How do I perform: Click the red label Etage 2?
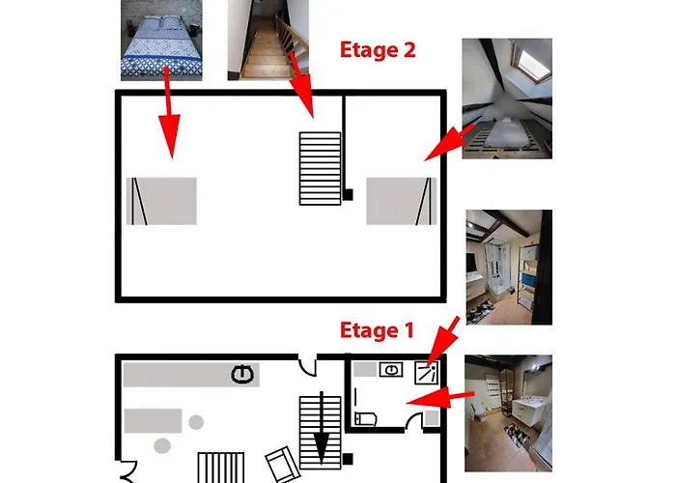tap(378, 50)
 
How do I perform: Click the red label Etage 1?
tap(378, 331)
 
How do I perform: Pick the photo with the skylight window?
tap(507, 98)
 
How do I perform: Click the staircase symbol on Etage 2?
tap(320, 167)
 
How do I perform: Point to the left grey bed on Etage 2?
tap(161, 201)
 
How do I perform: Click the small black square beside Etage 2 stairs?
tap(347, 196)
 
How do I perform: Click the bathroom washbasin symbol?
tap(392, 369)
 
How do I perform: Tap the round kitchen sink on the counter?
tap(241, 374)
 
